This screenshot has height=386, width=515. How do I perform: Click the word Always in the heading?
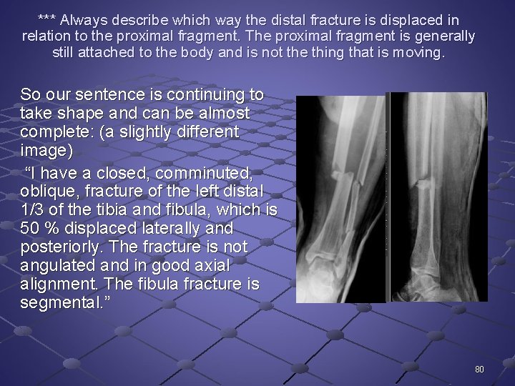pyautogui.click(x=84, y=20)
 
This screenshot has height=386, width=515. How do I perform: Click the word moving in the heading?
pyautogui.click(x=420, y=52)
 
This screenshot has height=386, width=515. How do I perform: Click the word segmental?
pyautogui.click(x=57, y=303)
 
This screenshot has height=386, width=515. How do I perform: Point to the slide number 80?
pyautogui.click(x=479, y=370)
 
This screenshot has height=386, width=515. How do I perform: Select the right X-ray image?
pyautogui.click(x=438, y=197)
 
